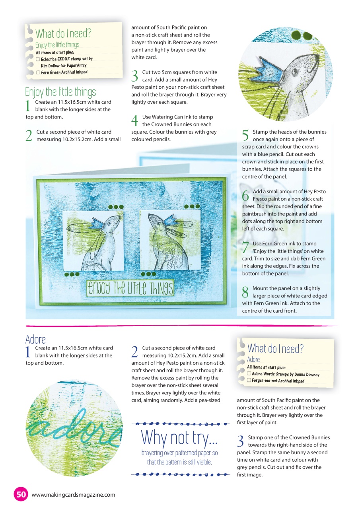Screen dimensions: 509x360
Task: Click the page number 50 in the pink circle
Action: pyautogui.click(x=21, y=494)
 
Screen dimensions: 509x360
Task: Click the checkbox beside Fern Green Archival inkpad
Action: pyautogui.click(x=38, y=72)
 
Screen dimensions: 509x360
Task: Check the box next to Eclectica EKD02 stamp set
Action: pyautogui.click(x=38, y=59)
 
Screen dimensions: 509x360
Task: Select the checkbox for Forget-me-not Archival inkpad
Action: pyautogui.click(x=249, y=381)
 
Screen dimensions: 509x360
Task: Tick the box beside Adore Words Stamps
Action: pyautogui.click(x=249, y=374)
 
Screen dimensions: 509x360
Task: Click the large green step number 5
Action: pyautogui.click(x=246, y=136)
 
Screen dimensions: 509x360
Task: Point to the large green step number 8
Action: pyautogui.click(x=246, y=292)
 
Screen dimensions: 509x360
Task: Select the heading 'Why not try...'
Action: pyautogui.click(x=180, y=437)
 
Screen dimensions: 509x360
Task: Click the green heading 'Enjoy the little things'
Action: pyautogui.click(x=60, y=92)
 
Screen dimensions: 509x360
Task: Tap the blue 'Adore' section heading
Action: pyautogui.click(x=35, y=339)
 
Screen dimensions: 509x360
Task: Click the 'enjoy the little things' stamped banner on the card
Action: pyautogui.click(x=130, y=288)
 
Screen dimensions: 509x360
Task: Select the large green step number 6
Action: pyautogui.click(x=246, y=195)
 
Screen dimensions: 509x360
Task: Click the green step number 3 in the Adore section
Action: pyautogui.click(x=240, y=441)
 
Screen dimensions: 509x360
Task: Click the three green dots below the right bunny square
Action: pyautogui.click(x=148, y=274)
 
